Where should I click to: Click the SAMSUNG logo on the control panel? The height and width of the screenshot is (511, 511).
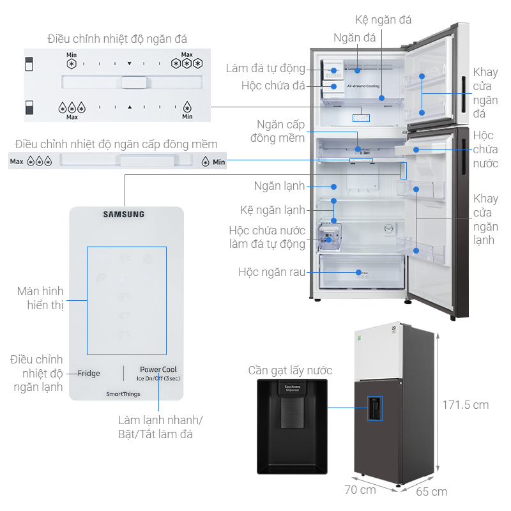point(124,215)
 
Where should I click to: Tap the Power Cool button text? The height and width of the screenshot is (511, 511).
point(158,369)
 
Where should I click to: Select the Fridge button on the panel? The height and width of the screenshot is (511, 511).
point(89,373)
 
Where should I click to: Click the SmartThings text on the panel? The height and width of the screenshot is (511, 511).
point(124,394)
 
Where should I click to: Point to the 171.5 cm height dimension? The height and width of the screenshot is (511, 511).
point(466,404)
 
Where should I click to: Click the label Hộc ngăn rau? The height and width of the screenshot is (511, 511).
point(271,272)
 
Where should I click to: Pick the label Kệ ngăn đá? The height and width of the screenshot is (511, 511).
point(383,20)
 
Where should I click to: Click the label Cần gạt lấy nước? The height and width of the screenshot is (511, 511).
point(290,370)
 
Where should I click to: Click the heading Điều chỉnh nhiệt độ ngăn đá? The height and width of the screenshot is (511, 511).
point(118,40)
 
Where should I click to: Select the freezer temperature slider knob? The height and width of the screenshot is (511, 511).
point(134,82)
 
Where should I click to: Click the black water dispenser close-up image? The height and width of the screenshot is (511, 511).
point(291,422)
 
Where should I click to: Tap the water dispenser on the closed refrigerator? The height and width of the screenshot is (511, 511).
point(374,407)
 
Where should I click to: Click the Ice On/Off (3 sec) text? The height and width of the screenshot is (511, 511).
point(158,379)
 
